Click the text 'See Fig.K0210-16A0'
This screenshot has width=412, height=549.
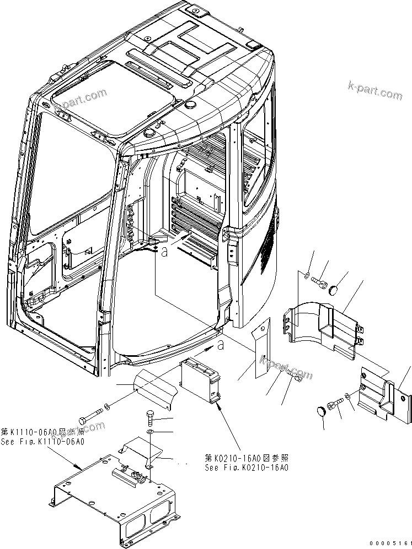pyautogui.click(x=246, y=468)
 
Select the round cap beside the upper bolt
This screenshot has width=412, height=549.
pyautogui.click(x=335, y=289)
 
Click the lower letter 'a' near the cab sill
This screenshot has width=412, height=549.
pyautogui.click(x=221, y=346)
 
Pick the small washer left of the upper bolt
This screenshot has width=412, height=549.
pyautogui.click(x=307, y=274)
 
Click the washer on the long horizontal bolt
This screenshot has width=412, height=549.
pyautogui.click(x=106, y=407)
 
